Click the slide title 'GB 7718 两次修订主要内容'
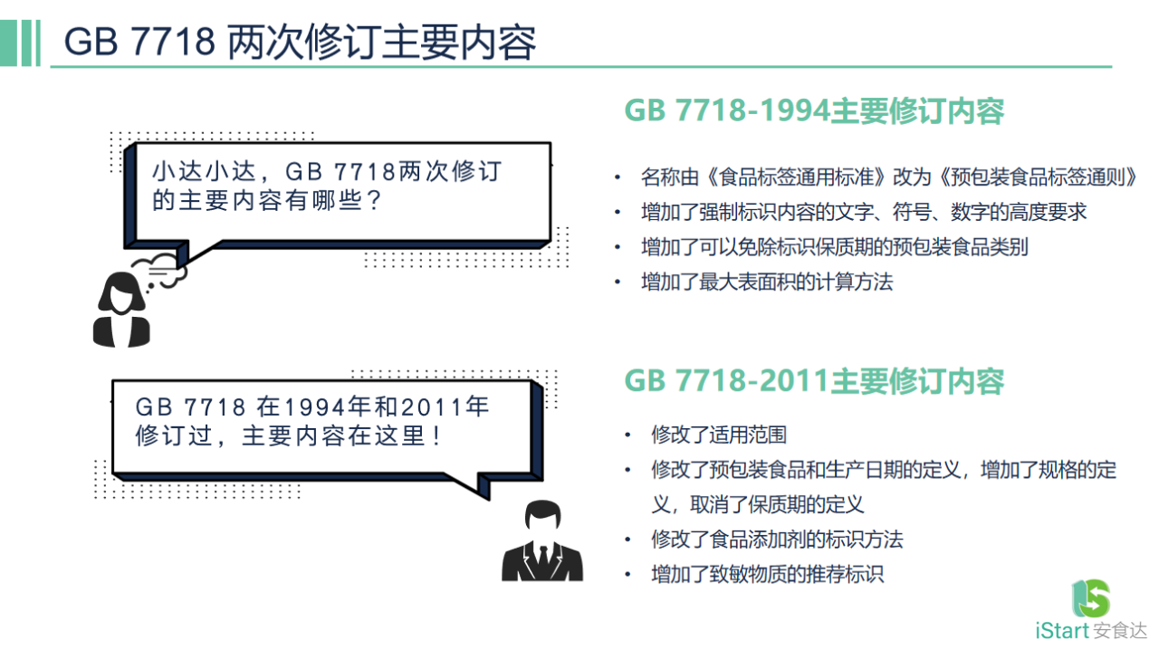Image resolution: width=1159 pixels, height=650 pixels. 300,42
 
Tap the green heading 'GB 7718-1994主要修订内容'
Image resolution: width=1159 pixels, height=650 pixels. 814,111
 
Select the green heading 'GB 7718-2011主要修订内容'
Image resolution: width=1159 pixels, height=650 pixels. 814,381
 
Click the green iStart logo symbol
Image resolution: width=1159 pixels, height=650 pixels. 1091,598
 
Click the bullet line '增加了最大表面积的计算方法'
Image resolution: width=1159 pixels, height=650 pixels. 766,282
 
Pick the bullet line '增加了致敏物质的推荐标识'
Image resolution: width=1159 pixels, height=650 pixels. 766,574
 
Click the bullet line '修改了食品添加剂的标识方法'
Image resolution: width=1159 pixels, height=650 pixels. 777,540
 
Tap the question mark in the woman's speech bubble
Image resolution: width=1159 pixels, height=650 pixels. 369,200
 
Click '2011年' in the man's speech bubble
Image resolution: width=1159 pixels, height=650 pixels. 445,406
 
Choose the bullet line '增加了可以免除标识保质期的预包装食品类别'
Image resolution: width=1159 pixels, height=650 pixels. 834,247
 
